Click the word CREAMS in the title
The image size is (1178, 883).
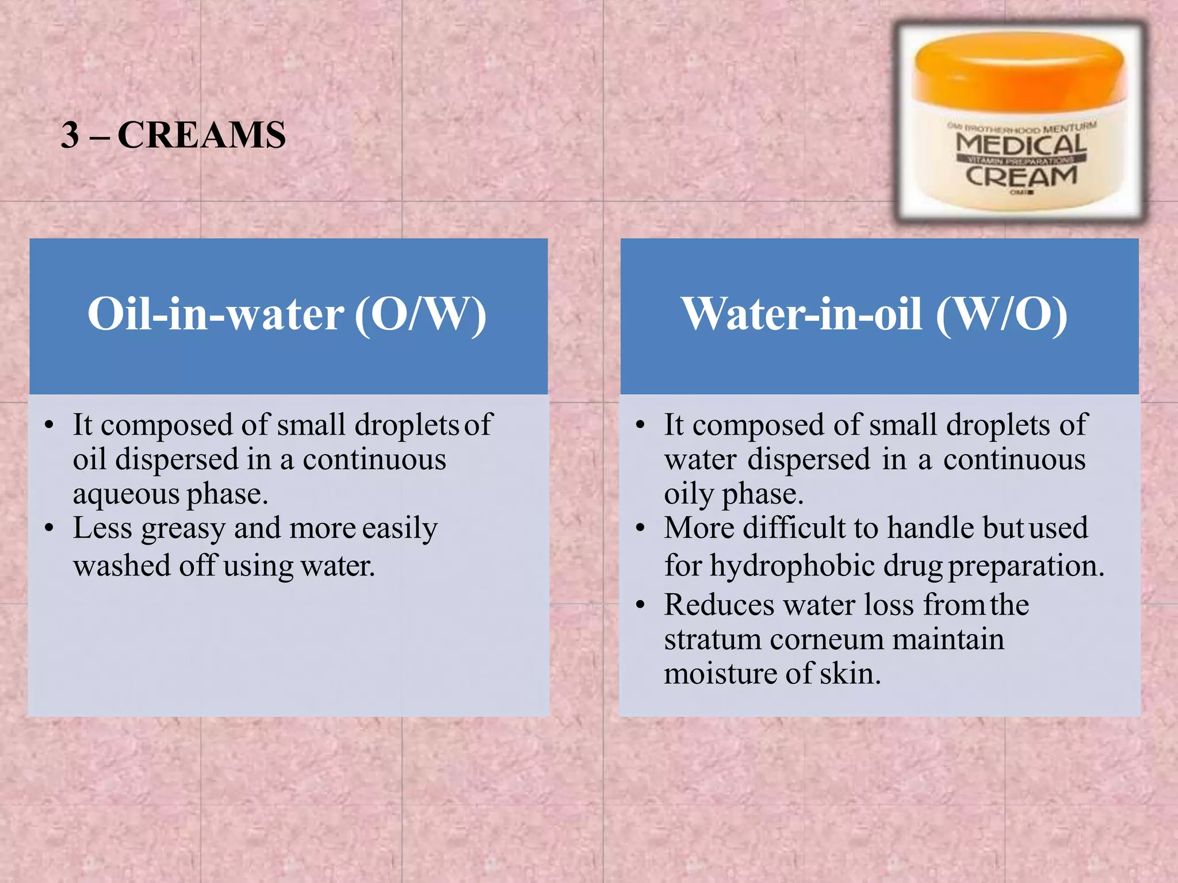click(201, 136)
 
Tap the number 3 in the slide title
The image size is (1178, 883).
click(70, 136)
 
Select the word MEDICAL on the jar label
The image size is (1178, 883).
click(1022, 144)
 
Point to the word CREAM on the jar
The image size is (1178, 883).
click(1021, 176)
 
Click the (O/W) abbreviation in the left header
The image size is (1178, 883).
click(420, 315)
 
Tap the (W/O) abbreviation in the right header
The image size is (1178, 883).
click(1001, 315)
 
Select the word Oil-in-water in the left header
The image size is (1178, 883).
click(215, 315)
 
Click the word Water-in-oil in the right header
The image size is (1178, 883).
click(802, 315)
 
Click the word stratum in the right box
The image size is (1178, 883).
click(712, 639)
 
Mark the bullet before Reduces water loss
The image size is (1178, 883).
click(641, 605)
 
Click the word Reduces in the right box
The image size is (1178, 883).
click(719, 605)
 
